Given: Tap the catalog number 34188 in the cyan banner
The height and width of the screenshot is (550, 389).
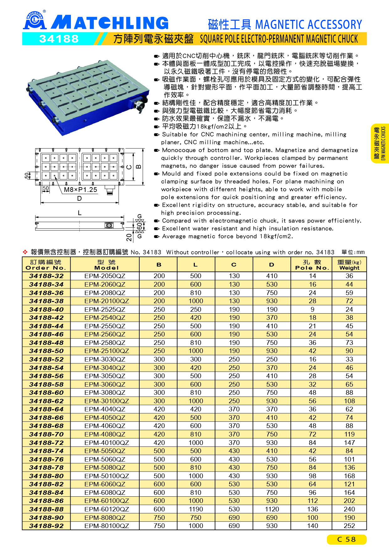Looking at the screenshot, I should tap(59, 39).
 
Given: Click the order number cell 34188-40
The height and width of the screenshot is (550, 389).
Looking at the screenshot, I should tap(46, 309).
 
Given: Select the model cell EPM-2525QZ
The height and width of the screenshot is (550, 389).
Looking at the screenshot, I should tap(105, 309).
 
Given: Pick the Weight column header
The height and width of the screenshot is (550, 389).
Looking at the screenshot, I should tap(349, 265).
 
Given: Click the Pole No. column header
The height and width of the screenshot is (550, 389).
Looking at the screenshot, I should tap(312, 265).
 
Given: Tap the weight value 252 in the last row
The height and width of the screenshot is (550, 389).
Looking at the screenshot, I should tap(349, 526).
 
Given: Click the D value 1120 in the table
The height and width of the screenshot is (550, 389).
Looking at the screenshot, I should tap(272, 509).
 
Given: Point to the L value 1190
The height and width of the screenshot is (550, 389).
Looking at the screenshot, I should tap(196, 509).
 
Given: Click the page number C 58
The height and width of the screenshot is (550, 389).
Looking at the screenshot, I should tap(346, 539).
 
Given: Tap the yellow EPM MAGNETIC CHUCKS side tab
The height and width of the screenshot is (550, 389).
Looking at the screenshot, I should tap(380, 143).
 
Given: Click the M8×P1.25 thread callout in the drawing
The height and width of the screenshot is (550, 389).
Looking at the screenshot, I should tap(81, 190).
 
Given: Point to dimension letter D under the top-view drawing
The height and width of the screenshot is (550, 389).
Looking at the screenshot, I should tap(79, 198).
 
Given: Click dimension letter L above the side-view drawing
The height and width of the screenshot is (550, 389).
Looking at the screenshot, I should tap(80, 213).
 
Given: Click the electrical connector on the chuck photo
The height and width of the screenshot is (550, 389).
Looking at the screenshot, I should tap(139, 105).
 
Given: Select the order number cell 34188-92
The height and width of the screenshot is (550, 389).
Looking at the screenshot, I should tap(46, 526).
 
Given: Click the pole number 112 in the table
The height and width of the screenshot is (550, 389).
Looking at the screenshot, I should tap(312, 501).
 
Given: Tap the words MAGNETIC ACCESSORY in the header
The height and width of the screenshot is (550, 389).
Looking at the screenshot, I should tap(309, 24).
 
